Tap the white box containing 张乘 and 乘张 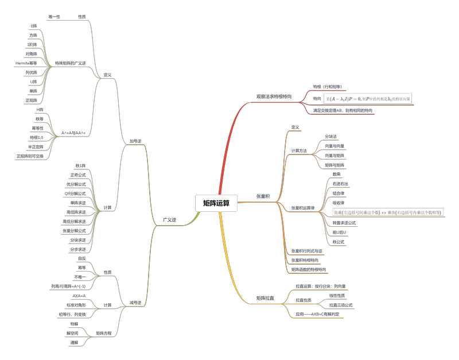tap(388, 212)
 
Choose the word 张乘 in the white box tap(338, 212)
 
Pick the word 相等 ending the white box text tap(438, 212)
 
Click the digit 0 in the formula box tap(359, 99)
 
